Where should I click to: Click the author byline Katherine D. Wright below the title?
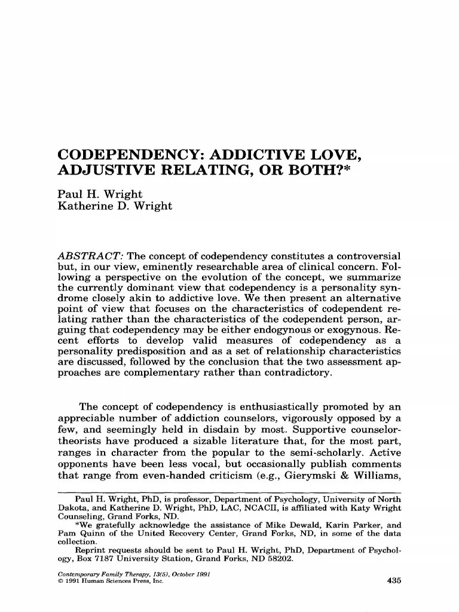pos(115,206)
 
